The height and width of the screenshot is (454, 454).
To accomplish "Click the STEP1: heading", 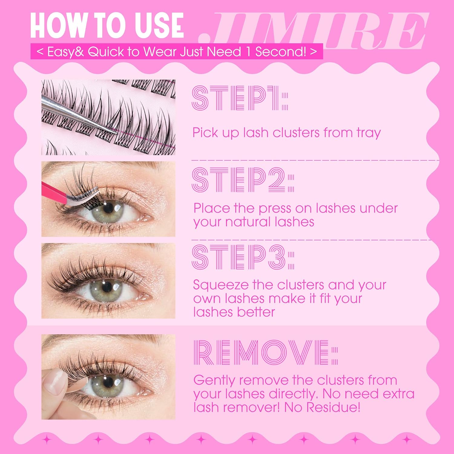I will pyautogui.click(x=240, y=98).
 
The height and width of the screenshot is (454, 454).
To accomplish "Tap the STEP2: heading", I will pyautogui.click(x=243, y=180).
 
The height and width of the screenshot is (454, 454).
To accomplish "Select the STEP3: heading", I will pyautogui.click(x=243, y=257).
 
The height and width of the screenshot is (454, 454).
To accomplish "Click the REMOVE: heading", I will pyautogui.click(x=265, y=353).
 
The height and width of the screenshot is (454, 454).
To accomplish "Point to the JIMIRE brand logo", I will pyautogui.click(x=313, y=31).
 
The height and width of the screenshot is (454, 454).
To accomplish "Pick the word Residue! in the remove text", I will pyautogui.click(x=333, y=407).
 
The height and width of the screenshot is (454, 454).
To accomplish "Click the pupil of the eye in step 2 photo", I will pyautogui.click(x=108, y=208).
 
